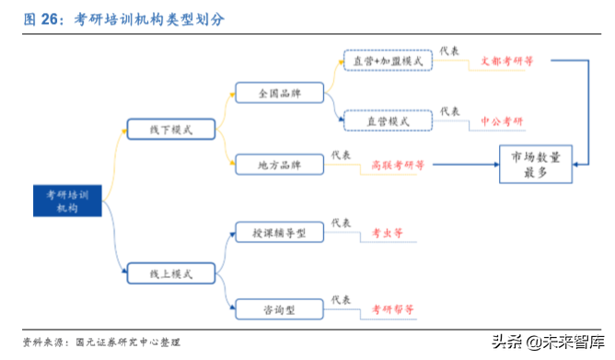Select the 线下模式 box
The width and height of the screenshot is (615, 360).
pos(170,129)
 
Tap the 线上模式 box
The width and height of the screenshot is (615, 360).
pos(170,273)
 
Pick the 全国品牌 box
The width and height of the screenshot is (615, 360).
pos(281,93)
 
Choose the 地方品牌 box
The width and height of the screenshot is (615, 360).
pos(281,165)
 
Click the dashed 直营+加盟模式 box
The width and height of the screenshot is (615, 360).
pos(388,61)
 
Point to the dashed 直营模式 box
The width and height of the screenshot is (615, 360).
pos(388,121)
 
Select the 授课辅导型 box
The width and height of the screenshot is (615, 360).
pos(281,234)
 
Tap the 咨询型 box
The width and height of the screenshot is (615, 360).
pos(281,308)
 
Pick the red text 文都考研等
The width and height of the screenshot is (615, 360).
pos(506,62)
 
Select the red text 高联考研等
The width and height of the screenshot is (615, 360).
pos(398,166)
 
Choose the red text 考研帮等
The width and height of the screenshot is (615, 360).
pos(392,308)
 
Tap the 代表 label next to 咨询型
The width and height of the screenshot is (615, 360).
pos(341,298)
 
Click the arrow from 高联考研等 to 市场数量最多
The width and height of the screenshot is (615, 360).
pos(465,165)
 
